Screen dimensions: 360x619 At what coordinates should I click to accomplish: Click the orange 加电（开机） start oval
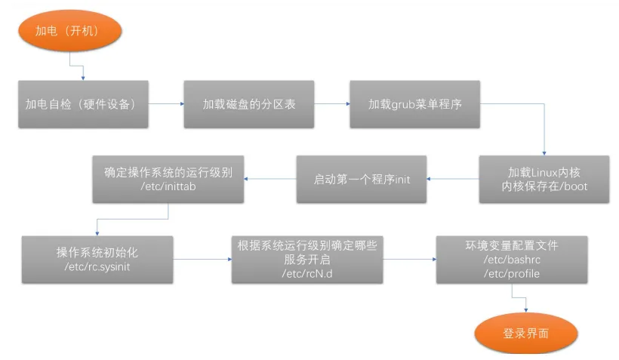click(67, 32)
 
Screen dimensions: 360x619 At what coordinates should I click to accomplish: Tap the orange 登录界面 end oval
click(526, 334)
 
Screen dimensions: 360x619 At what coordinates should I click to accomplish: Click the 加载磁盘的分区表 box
click(249, 103)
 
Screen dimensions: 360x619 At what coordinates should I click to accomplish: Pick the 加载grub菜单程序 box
click(414, 103)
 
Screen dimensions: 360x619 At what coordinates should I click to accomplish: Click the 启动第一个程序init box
click(362, 180)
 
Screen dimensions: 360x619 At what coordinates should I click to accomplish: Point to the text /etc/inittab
click(168, 186)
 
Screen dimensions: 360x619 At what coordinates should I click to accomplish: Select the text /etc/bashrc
click(512, 260)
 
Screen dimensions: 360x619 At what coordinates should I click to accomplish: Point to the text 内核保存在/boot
click(544, 186)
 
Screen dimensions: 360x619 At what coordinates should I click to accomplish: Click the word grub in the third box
click(404, 103)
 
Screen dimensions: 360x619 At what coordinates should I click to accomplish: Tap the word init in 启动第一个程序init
click(403, 180)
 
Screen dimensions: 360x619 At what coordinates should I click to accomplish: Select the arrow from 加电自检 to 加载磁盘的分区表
click(166, 103)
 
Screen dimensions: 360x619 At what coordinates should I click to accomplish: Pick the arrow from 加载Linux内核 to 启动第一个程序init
click(453, 180)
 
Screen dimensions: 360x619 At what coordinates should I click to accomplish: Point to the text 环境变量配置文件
click(512, 246)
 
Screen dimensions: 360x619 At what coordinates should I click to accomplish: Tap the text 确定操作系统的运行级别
click(168, 173)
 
